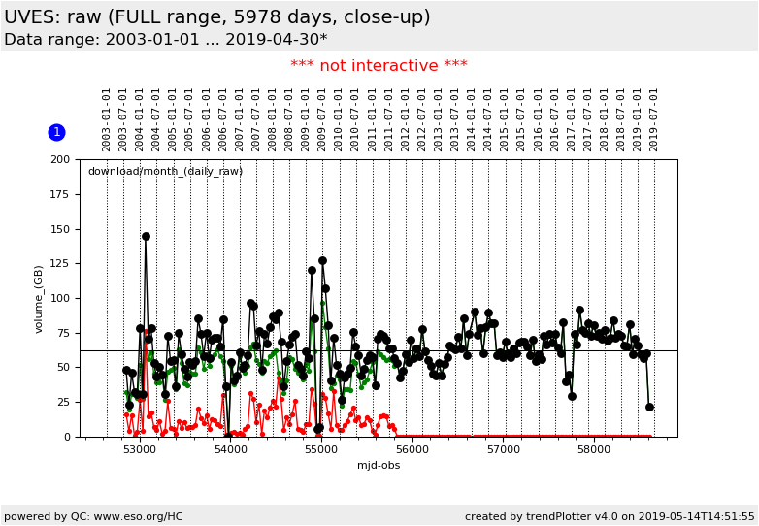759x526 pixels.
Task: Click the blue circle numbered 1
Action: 56,132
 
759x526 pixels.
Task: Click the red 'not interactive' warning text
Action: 379,66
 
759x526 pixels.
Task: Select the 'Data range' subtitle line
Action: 165,40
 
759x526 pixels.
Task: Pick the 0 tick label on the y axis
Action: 66,437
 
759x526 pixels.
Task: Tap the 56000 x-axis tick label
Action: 412,450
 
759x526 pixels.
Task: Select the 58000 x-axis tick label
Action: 594,450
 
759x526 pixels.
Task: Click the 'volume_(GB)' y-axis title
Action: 40,298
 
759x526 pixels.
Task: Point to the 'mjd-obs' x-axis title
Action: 379,466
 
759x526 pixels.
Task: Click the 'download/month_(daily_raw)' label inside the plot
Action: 165,172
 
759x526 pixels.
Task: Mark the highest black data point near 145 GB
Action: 146,236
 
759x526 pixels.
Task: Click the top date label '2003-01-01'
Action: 107,119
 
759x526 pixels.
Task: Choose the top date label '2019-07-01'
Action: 654,119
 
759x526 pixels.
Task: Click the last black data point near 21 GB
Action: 649,407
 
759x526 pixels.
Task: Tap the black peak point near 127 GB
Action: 322,260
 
